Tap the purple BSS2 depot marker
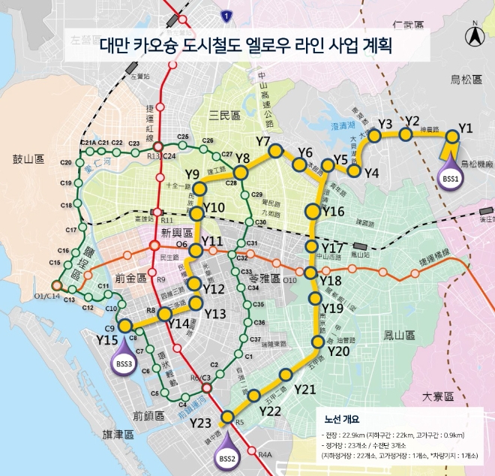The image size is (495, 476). (x=226, y=456)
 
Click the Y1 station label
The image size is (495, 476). (x=466, y=128)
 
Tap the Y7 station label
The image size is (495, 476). (x=262, y=141)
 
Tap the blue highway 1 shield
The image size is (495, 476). (x=226, y=15)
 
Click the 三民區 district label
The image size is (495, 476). (x=223, y=115)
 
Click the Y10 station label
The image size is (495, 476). (x=214, y=208)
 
